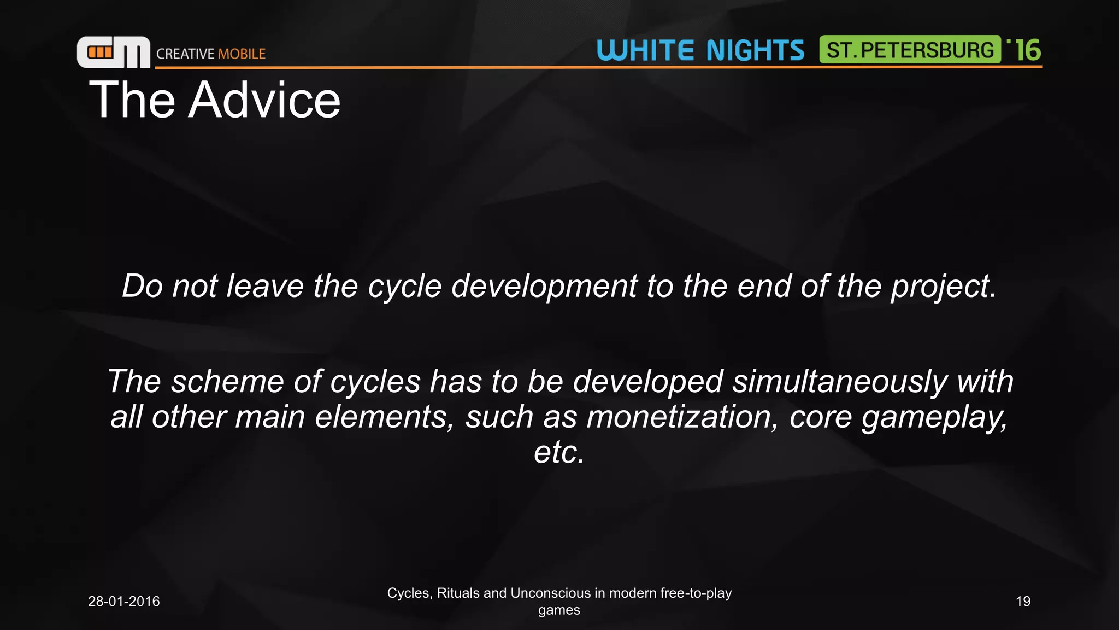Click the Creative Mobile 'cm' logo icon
[113, 52]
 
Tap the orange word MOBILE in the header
[242, 54]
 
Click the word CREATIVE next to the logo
[185, 54]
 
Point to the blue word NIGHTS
[755, 50]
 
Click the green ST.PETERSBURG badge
[910, 50]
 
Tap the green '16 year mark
[1025, 50]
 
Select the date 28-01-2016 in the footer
[124, 602]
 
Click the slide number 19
[1023, 602]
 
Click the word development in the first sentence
[544, 286]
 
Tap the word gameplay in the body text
[934, 418]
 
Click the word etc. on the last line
[559, 452]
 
